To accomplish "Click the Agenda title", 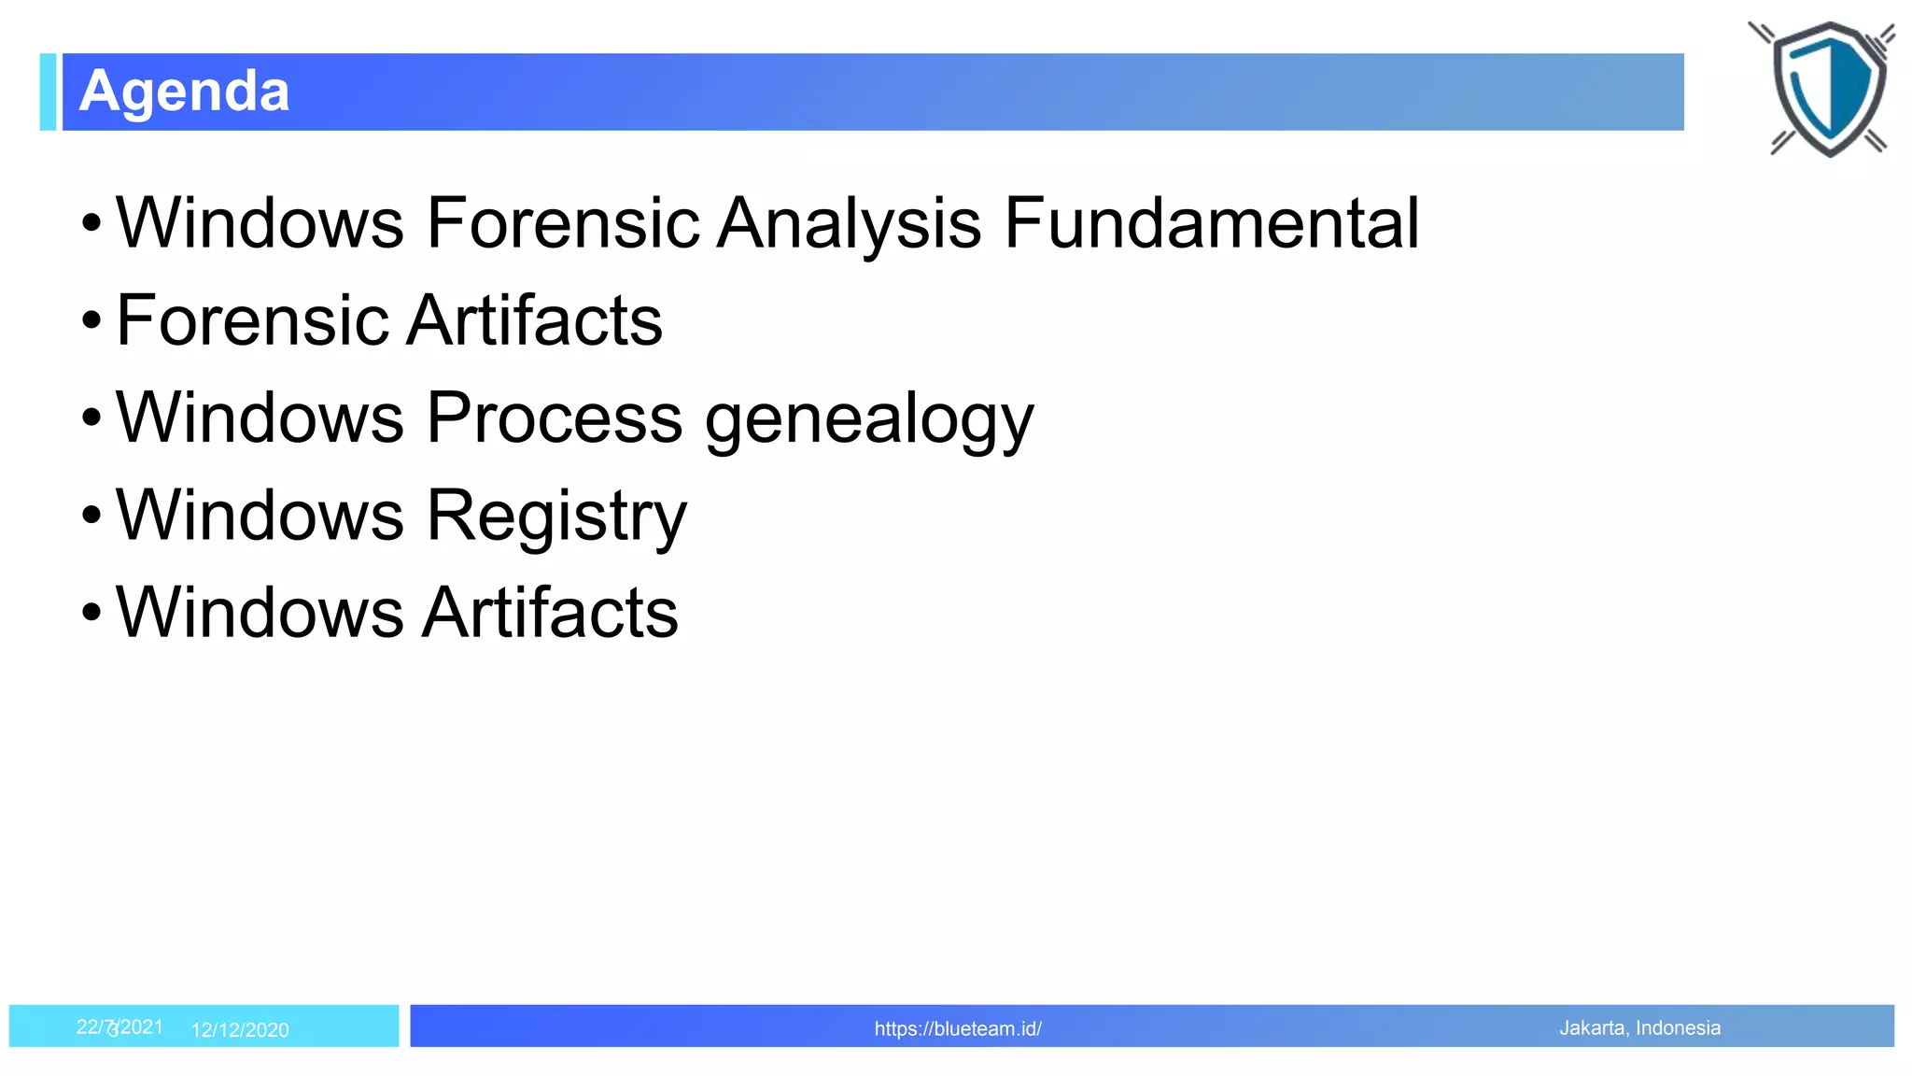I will click(184, 92).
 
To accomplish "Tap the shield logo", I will click(1827, 89).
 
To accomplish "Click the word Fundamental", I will click(1211, 223).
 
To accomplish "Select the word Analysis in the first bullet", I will click(849, 223).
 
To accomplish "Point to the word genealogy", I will click(868, 419).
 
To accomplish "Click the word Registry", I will click(556, 516).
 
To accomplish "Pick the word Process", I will click(555, 418).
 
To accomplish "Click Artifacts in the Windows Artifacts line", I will click(551, 613).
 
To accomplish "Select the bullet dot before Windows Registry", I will click(91, 516).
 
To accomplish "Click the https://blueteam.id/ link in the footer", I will click(958, 1028).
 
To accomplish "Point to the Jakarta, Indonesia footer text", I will click(1639, 1027).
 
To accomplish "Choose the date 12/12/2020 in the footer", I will click(240, 1029).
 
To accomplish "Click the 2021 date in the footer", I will click(119, 1026).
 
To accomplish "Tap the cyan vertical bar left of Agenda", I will click(48, 92).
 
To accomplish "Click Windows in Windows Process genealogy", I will click(260, 418).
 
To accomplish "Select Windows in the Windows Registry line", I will click(260, 516).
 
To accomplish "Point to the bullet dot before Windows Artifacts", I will click(91, 613).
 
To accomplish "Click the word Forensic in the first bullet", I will click(563, 223).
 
